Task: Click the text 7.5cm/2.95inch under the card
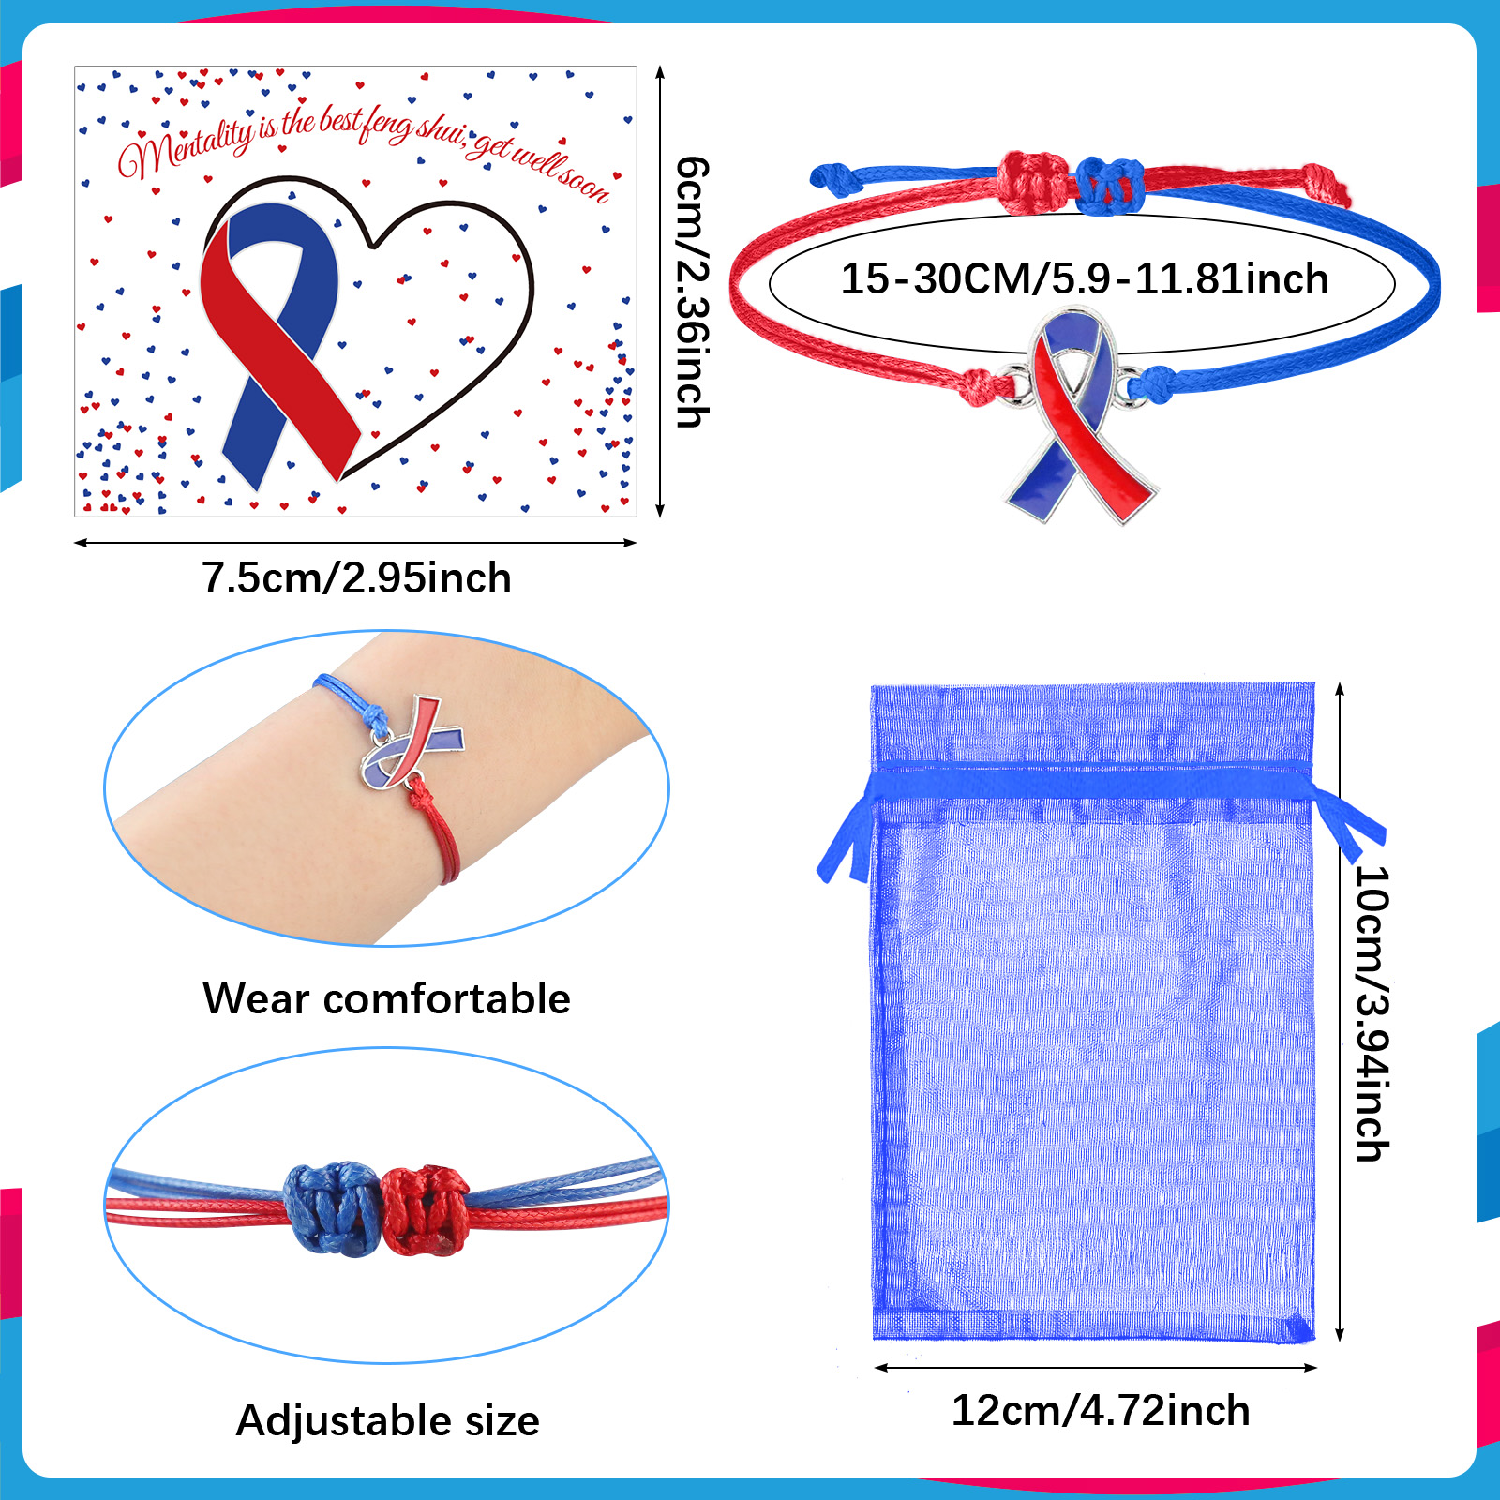(356, 577)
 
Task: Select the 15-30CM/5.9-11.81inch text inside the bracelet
(1084, 279)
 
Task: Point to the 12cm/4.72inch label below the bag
(1101, 1410)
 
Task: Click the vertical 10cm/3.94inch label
(1372, 1013)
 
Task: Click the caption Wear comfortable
(386, 998)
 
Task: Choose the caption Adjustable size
(388, 1420)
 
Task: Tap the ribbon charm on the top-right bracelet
(1081, 413)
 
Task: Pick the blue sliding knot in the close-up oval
(334, 1209)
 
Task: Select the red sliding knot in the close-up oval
(426, 1210)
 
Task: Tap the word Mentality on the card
(186, 146)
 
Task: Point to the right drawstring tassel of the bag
(1347, 818)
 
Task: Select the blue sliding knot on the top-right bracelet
(1109, 184)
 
